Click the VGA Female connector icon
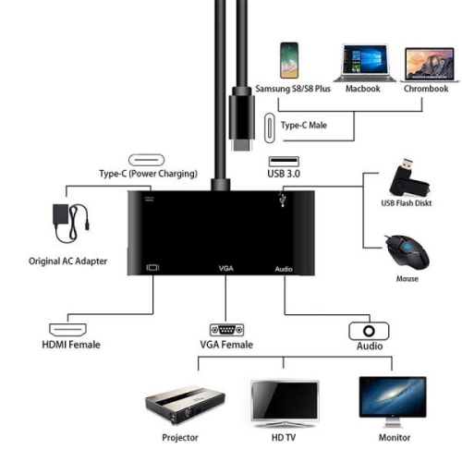coord(225,330)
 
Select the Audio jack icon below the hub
coord(369,330)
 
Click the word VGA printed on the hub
coord(226,268)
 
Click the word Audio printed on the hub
coord(285,268)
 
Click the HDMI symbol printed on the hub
coord(152,268)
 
